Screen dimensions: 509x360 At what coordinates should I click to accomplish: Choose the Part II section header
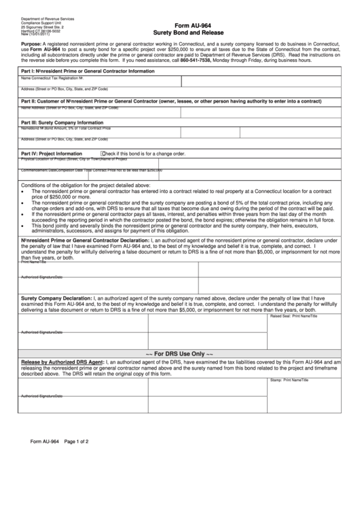point(170,101)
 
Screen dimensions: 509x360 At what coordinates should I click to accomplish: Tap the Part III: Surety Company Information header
point(62,122)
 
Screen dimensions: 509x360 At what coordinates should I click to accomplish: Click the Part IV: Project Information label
point(52,154)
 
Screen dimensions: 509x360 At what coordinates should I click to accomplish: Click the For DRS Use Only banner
point(180,353)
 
